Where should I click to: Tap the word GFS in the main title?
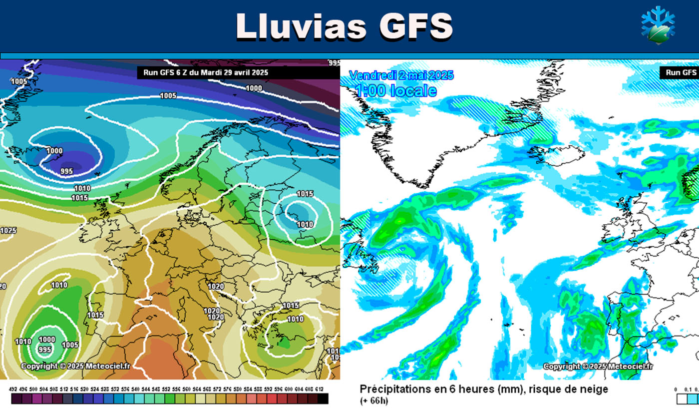415,26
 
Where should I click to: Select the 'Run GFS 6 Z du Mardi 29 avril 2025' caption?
206,72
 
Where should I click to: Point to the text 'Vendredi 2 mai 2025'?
401,75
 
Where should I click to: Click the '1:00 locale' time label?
396,90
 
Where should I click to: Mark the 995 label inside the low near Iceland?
67,171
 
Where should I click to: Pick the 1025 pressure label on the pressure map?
8,231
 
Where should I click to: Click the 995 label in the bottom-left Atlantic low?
45,350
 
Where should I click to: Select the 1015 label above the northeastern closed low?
305,194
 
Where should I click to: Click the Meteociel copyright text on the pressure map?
75,366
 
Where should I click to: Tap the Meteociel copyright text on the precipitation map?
598,367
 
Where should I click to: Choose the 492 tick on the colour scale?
15,389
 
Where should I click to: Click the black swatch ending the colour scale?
323,399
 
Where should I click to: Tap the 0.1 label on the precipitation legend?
688,390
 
